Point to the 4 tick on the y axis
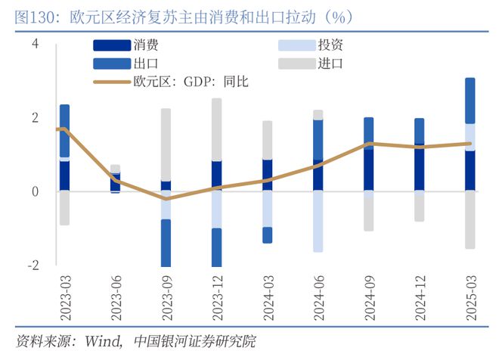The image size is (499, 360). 35,45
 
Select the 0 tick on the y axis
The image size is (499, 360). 35,191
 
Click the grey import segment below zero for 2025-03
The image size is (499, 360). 470,219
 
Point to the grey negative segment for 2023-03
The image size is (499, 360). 64,208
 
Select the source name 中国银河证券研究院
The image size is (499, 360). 194,342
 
